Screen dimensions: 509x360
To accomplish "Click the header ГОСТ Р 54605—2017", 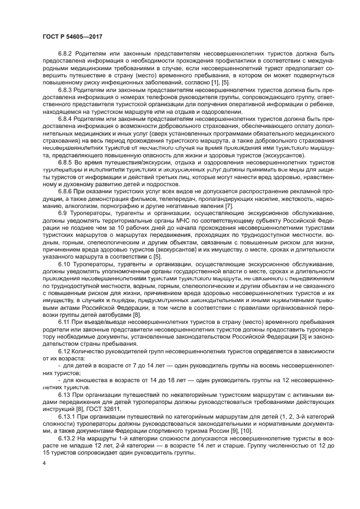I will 72,36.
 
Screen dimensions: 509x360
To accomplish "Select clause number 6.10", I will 64,263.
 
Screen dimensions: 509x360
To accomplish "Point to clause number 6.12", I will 64,351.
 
